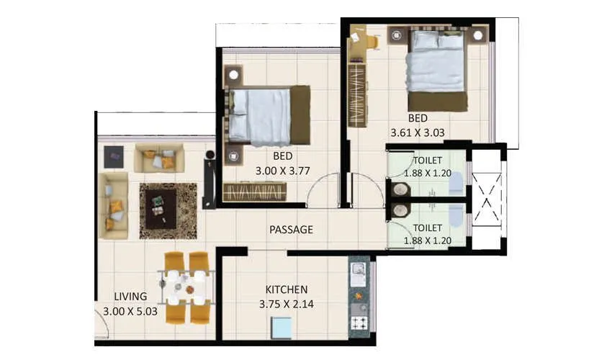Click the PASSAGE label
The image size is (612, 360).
point(291,230)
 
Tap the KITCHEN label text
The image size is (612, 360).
point(287,289)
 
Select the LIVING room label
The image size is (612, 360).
point(130,296)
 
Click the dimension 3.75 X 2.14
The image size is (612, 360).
point(287,304)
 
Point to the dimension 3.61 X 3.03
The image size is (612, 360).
point(418,132)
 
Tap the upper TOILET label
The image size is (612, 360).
point(428,160)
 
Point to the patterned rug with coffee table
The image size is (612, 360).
point(168,210)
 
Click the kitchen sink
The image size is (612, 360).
point(358,273)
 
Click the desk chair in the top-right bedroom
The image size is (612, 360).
point(372,41)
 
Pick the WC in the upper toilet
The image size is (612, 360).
point(456,184)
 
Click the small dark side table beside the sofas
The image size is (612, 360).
point(113,156)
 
